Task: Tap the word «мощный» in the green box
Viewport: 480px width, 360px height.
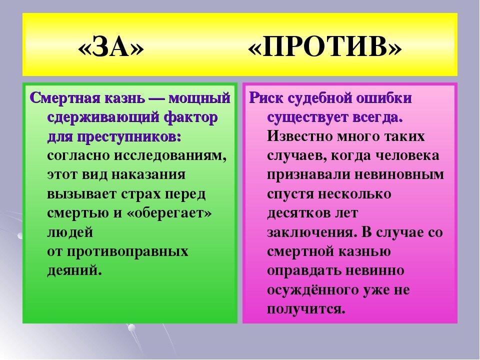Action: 199,98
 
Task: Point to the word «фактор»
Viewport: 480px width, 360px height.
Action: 191,117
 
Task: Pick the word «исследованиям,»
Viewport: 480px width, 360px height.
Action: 170,155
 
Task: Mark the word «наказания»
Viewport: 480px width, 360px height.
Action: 148,175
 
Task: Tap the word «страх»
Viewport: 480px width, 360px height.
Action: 141,194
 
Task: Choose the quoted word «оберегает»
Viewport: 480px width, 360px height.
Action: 169,213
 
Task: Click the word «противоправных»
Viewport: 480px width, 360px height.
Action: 127,251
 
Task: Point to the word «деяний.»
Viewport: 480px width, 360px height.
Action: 74,270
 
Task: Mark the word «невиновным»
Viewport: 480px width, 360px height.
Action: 399,175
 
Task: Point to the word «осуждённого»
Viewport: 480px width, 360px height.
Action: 312,289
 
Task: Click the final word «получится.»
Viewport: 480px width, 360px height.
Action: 306,309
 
